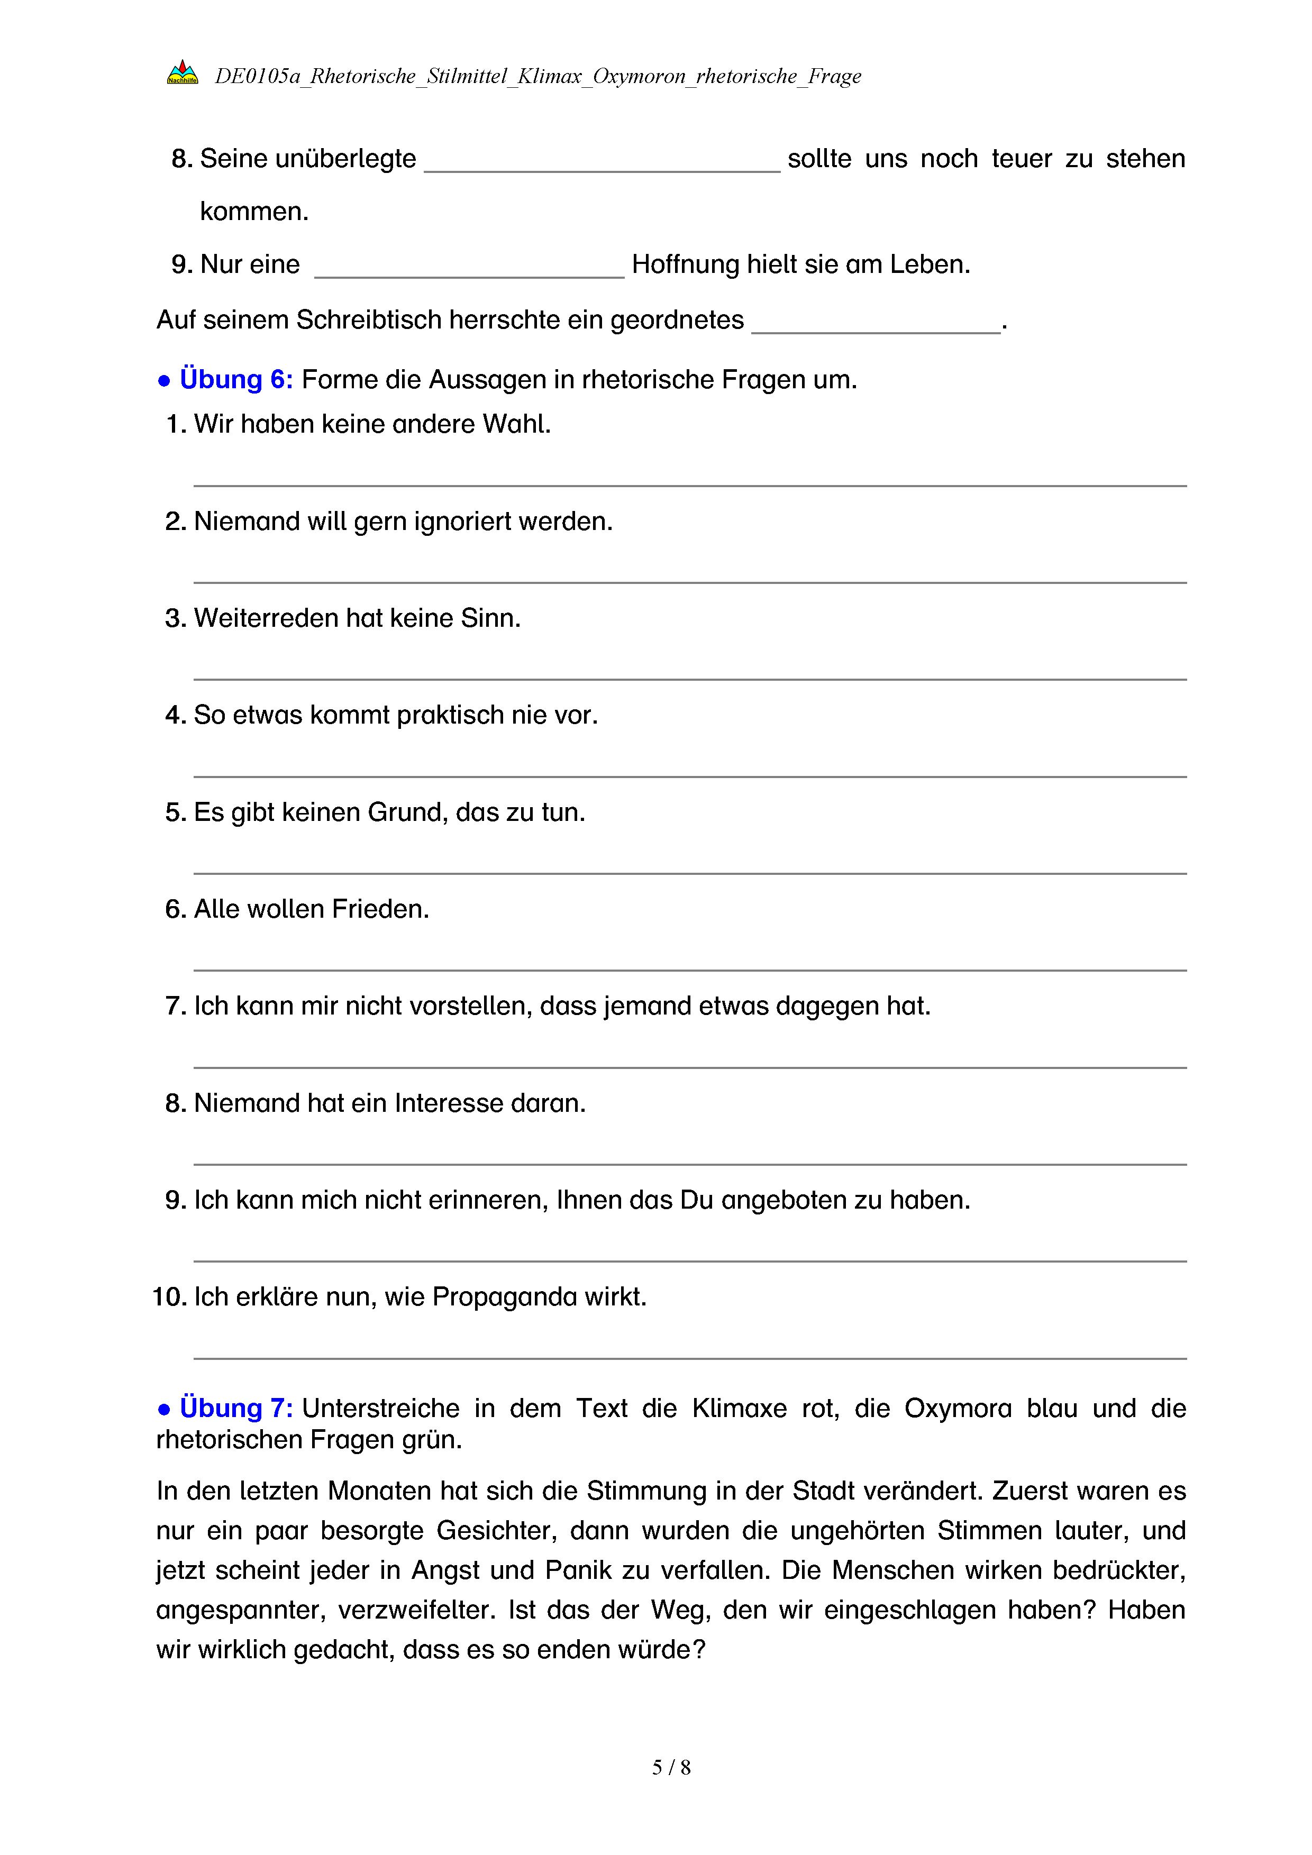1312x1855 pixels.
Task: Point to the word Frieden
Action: pyautogui.click(x=380, y=909)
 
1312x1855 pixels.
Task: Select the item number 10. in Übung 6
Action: pyautogui.click(x=170, y=1297)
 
